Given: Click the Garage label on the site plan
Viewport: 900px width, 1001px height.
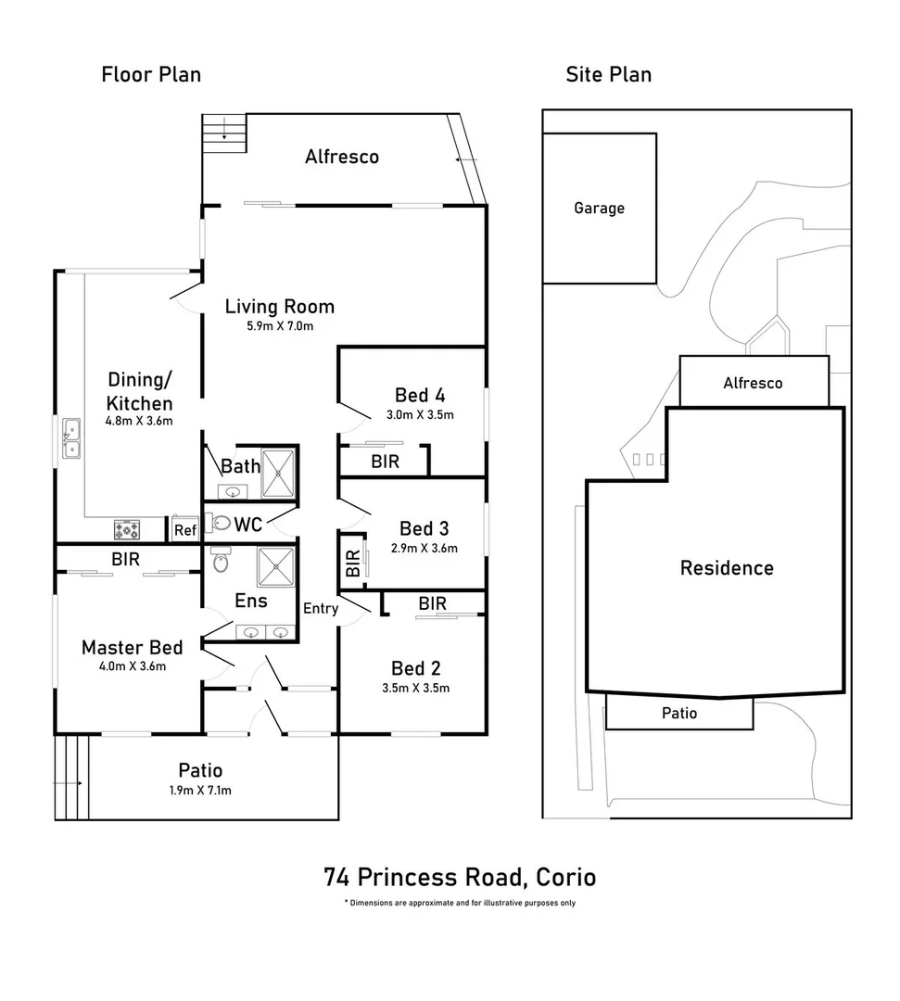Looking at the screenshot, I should point(599,209).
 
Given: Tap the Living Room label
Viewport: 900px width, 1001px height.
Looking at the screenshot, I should point(280,307).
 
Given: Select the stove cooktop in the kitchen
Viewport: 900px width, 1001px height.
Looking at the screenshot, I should point(127,529).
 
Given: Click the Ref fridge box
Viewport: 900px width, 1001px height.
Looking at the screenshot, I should point(185,530).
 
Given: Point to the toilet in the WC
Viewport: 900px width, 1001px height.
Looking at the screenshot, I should point(219,523).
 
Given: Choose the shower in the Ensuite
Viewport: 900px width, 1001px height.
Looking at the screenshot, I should point(276,567).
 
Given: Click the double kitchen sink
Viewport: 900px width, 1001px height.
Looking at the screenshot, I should point(71,439).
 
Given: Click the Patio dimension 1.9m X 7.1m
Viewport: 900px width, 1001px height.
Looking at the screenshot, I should point(200,791).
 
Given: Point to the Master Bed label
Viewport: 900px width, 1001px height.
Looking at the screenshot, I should point(132,647).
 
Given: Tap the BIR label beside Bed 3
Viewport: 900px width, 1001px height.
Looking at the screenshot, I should point(352,564).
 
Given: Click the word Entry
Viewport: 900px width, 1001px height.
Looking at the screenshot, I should point(321,608).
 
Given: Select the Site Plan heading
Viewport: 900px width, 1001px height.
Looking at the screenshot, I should point(608,74).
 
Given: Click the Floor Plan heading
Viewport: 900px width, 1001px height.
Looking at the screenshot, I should point(151,74).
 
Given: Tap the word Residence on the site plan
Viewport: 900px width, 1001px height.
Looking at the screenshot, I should point(727,568).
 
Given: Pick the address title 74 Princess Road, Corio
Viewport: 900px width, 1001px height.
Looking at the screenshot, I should point(460,876).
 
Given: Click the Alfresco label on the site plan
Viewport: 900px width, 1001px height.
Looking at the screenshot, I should point(753,383).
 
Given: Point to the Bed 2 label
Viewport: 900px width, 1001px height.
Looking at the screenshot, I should point(415,668).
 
